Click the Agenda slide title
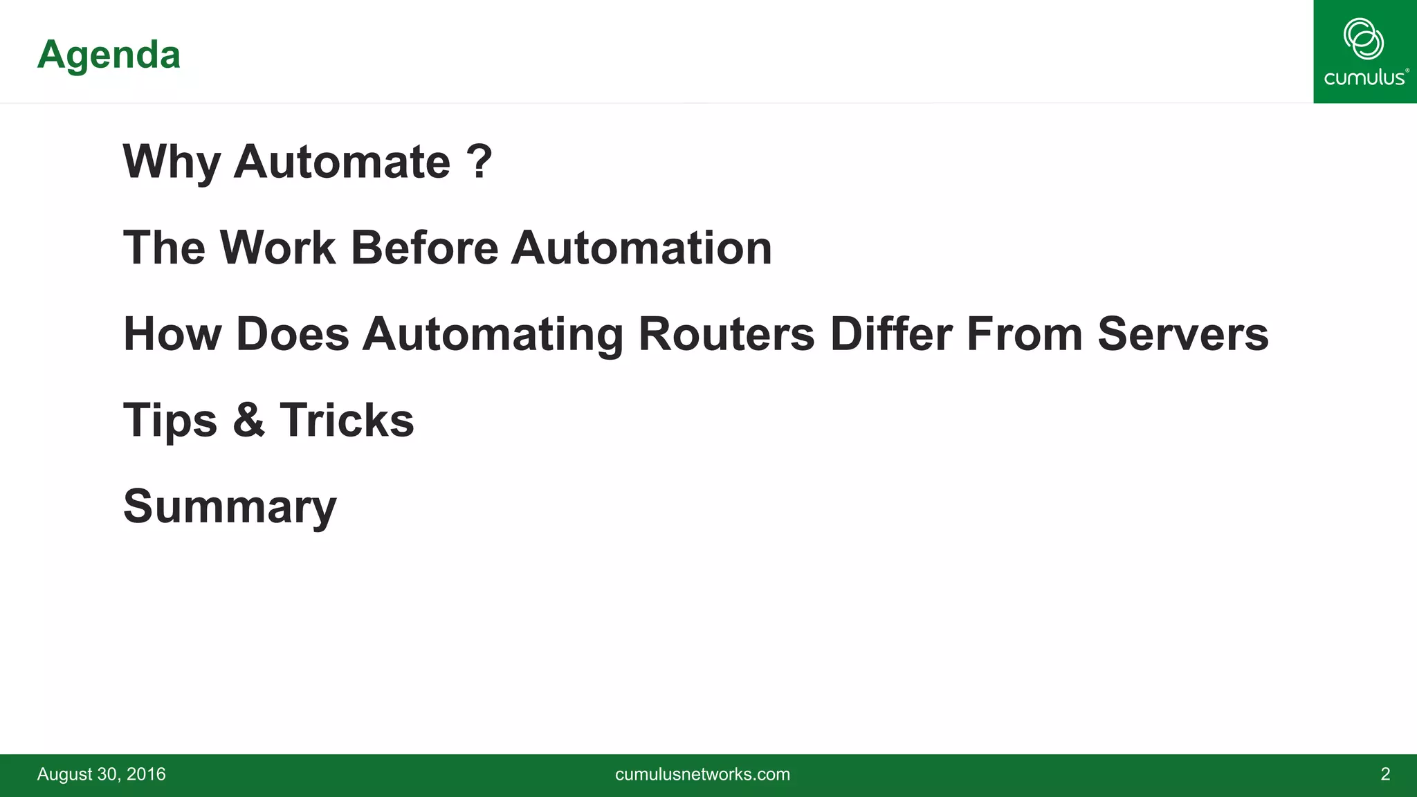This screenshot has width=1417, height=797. click(x=109, y=55)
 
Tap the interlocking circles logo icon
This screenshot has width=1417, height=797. click(x=1363, y=39)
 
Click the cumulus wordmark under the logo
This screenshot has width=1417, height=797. click(x=1365, y=77)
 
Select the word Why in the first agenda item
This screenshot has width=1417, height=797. click(x=172, y=162)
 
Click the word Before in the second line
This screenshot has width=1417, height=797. click(x=424, y=248)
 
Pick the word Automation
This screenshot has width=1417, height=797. click(x=641, y=248)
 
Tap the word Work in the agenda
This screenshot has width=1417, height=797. click(x=278, y=248)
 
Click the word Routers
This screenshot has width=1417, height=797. click(x=726, y=333)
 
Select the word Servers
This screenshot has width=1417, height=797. click(x=1183, y=333)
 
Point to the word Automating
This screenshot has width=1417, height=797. click(x=493, y=335)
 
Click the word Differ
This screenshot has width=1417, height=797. click(x=891, y=333)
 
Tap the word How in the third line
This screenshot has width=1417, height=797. click(x=172, y=333)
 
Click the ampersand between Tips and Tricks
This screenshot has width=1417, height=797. click(x=248, y=419)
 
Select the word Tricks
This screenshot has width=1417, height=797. click(x=347, y=419)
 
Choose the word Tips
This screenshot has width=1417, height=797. click(x=170, y=421)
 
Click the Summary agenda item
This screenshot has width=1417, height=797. click(x=230, y=506)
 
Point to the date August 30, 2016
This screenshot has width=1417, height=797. click(x=101, y=774)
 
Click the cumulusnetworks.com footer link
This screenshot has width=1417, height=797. click(x=702, y=774)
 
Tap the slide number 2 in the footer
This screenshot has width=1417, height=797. click(x=1385, y=774)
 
